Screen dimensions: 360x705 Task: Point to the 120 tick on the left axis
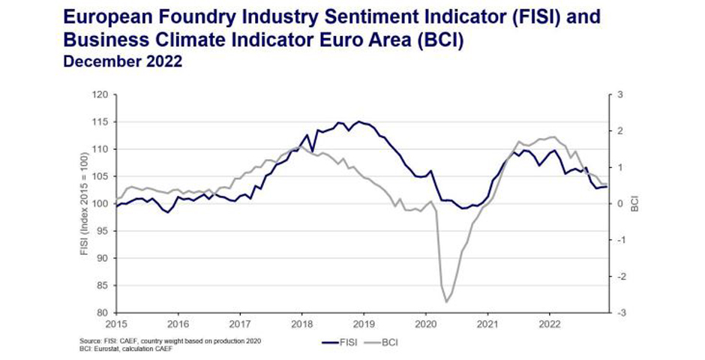(100, 94)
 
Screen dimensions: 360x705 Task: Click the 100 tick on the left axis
(100, 204)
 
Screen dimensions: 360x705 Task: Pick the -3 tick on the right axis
(620, 313)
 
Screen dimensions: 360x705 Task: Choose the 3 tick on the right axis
(620, 94)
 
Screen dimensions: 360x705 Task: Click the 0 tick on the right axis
(620, 204)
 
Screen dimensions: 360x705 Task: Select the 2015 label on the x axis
(115, 324)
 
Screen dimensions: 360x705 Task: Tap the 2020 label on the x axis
(425, 324)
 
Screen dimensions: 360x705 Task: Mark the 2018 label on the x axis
(301, 324)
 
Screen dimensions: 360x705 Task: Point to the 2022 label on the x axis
(550, 324)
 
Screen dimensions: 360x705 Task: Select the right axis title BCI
(634, 204)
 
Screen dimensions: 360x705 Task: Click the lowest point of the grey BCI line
(446, 301)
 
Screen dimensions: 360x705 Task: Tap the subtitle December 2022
(123, 62)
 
